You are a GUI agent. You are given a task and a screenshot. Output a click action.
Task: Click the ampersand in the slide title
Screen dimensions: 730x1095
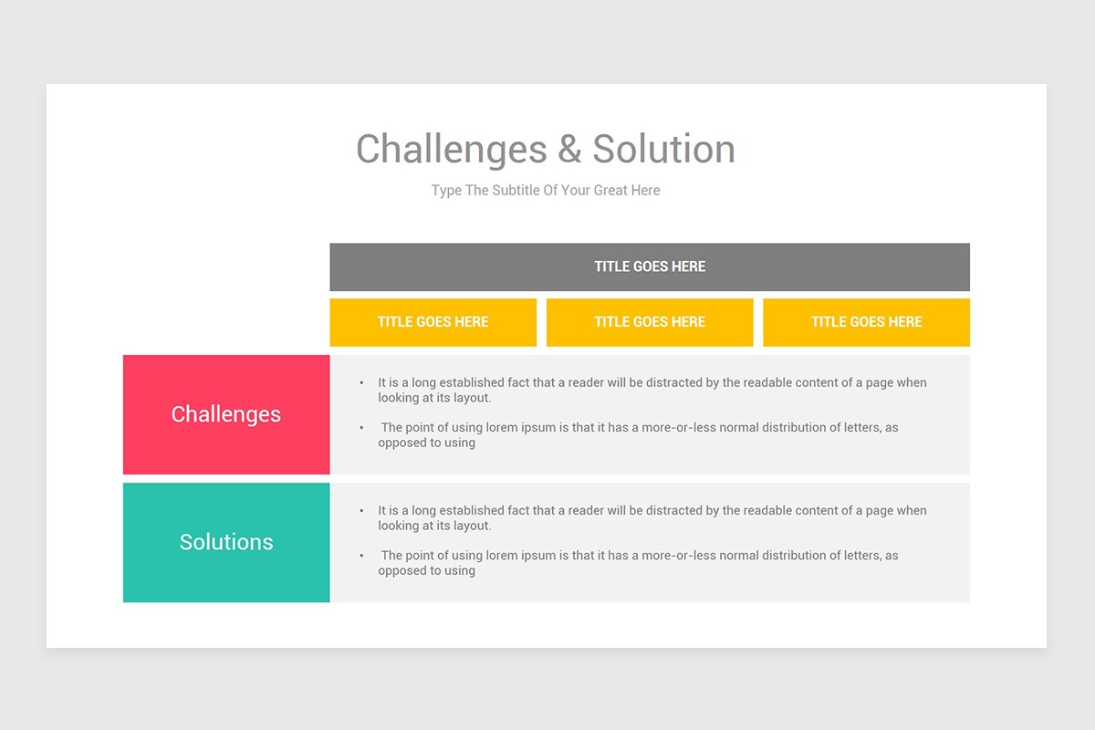pyautogui.click(x=569, y=150)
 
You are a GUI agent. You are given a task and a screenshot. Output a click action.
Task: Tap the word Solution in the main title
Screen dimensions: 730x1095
pyautogui.click(x=663, y=150)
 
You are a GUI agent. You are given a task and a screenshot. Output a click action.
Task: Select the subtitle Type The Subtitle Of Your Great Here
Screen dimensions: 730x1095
pyautogui.click(x=546, y=191)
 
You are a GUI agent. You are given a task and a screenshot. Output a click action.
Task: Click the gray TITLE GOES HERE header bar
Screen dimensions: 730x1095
pyautogui.click(x=650, y=267)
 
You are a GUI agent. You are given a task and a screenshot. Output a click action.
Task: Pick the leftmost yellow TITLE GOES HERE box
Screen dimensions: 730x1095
pyautogui.click(x=433, y=322)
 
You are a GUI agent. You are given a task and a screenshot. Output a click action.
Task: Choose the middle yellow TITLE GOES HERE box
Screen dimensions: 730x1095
pyautogui.click(x=650, y=322)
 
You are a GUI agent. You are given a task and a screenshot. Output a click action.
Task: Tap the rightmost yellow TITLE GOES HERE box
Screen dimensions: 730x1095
pyautogui.click(x=866, y=322)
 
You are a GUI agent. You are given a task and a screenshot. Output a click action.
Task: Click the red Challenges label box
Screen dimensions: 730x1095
pyautogui.click(x=226, y=414)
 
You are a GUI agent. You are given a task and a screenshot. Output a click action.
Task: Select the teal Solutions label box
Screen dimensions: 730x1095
pyautogui.click(x=226, y=542)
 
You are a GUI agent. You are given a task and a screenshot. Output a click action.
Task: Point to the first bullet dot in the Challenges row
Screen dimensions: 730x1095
pyautogui.click(x=362, y=383)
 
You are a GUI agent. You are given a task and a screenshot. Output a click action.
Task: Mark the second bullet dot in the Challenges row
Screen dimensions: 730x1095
pyautogui.click(x=362, y=428)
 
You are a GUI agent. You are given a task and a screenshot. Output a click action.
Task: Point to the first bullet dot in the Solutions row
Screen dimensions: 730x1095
pyautogui.click(x=362, y=511)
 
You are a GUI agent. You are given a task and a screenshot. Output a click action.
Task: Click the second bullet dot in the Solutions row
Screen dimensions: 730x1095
pyautogui.click(x=362, y=556)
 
